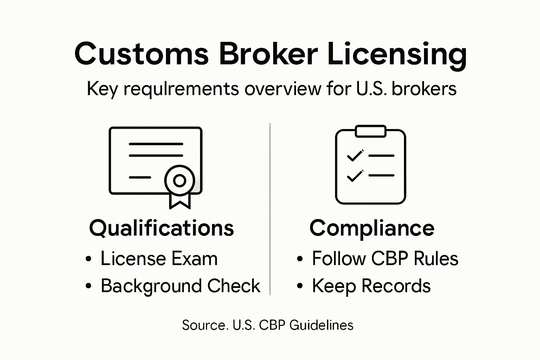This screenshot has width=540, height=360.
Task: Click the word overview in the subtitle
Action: point(283,89)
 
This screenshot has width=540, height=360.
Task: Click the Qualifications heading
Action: point(161,228)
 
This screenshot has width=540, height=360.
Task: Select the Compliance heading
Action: point(372,229)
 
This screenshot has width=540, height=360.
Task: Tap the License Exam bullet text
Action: point(159,259)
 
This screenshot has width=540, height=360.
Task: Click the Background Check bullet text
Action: point(180,286)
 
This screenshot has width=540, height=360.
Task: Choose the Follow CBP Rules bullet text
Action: point(385,259)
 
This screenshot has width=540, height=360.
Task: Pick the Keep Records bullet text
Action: point(371,286)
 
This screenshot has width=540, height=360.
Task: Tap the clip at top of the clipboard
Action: point(371,131)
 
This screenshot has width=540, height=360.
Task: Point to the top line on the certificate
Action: point(156,144)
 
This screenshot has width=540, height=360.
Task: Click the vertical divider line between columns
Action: point(270,209)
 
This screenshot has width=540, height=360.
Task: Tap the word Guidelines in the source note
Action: point(321,325)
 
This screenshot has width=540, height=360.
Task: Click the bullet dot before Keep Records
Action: point(300,286)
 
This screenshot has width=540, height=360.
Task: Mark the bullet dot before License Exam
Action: point(88,259)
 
